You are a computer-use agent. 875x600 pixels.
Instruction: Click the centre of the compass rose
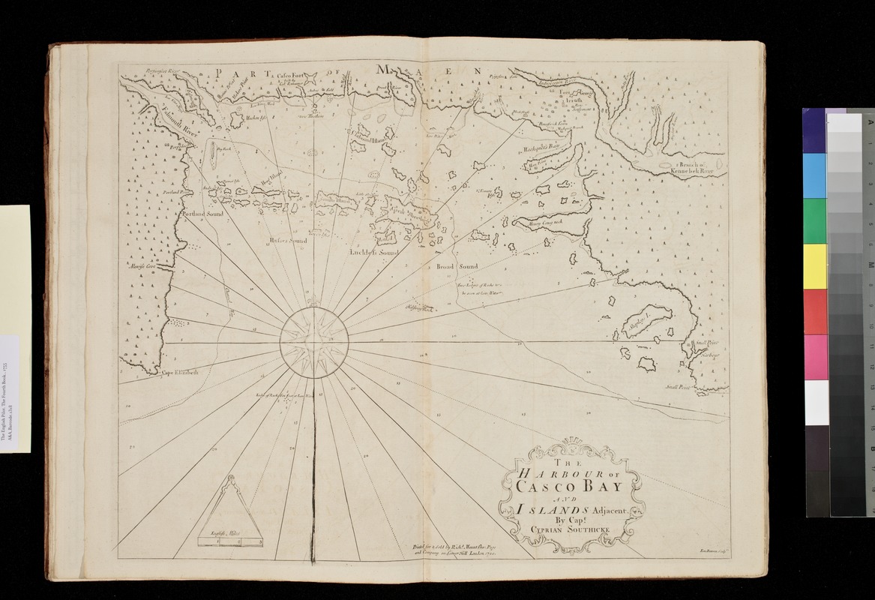coord(314,343)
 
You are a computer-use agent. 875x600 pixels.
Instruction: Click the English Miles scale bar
coord(229,537)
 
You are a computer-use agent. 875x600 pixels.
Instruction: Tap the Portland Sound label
coord(203,214)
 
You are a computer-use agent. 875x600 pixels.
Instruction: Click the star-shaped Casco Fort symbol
coord(310,77)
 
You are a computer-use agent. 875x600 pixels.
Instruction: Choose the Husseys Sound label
coord(288,241)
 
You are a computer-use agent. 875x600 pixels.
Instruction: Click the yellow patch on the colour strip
coord(814,265)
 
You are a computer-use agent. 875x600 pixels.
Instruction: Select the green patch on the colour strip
coord(814,220)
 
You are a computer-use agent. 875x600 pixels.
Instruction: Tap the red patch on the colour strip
coord(814,310)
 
